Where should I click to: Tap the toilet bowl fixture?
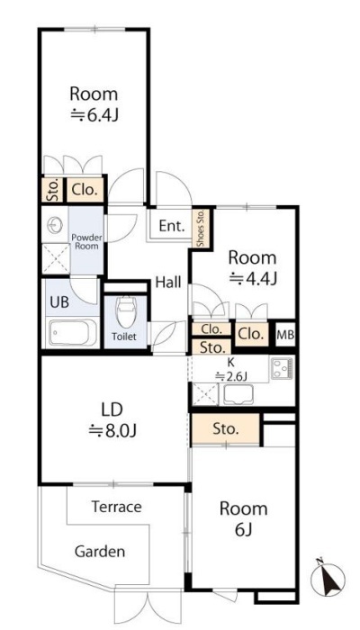[x=126, y=313]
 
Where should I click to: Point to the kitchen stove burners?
[x=283, y=368]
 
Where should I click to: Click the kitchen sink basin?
[x=238, y=394]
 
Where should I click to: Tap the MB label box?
[x=286, y=334]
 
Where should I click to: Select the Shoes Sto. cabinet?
[x=201, y=228]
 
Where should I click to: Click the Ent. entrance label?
[x=172, y=226]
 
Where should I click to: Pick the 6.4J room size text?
[x=94, y=115]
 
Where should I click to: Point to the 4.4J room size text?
[x=253, y=278]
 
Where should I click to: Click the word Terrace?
[x=116, y=507]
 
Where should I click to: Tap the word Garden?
[x=100, y=551]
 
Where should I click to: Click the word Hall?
[x=168, y=283]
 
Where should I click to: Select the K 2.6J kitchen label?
[x=230, y=369]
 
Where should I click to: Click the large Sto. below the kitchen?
[x=226, y=429]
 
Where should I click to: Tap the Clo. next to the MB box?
[x=252, y=334]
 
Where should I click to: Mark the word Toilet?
[x=124, y=337]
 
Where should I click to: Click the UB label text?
[x=59, y=302]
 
